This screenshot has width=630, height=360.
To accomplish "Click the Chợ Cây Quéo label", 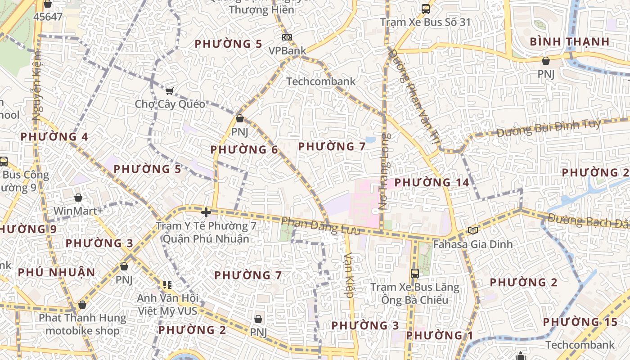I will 170,104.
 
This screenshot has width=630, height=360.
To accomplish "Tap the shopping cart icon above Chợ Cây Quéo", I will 170,91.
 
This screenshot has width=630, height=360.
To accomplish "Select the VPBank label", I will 287,50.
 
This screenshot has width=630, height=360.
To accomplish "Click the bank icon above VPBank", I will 287,37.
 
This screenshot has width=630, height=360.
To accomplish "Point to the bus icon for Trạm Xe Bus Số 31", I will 425,9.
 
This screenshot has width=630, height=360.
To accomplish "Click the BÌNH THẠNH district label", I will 569,42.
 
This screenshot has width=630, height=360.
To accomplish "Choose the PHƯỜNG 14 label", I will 432,182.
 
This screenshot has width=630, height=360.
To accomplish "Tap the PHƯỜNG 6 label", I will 244,149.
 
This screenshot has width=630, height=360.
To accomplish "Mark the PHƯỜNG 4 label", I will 54,137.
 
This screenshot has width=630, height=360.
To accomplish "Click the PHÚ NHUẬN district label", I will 57,272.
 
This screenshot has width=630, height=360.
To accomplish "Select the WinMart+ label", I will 78,211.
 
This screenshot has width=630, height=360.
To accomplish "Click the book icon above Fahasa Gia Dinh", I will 472,230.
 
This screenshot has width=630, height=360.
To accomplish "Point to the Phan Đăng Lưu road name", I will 320,226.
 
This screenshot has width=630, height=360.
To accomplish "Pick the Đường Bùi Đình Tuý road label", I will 549,128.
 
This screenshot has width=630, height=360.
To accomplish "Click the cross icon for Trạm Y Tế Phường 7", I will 206,212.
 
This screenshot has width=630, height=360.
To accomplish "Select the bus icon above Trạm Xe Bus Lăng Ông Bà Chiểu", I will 415,273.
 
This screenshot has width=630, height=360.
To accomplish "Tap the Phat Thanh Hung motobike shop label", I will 82,324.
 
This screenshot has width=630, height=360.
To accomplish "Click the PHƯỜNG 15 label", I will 580,322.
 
